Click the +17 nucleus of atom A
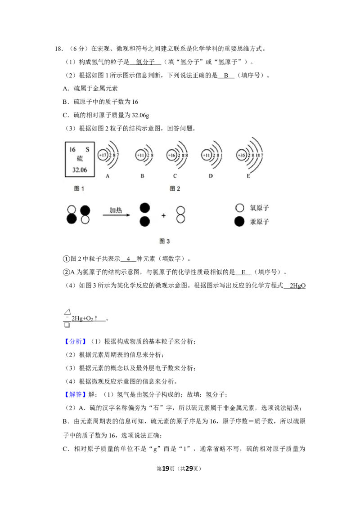point(103,156)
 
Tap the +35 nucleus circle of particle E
point(241,156)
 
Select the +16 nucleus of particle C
point(171,156)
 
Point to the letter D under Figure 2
point(211,176)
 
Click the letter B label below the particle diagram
point(142,176)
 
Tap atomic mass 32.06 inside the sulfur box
point(80,170)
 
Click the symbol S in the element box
point(87,150)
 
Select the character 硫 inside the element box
point(80,159)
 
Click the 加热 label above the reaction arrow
point(116,210)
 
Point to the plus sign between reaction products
point(163,215)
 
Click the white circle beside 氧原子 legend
point(239,208)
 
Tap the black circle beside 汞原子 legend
point(239,222)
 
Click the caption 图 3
point(165,241)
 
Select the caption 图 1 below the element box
point(79,188)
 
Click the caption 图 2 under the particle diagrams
point(175,188)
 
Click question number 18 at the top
point(58,49)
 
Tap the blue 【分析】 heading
point(76,341)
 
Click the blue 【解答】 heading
point(76,395)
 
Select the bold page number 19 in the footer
point(166,469)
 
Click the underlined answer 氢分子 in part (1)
point(145,62)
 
